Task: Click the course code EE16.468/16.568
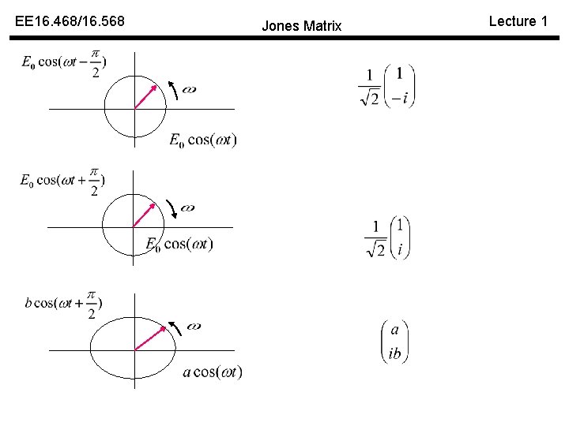point(70,21)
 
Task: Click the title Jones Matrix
point(301,26)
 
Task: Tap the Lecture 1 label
point(518,21)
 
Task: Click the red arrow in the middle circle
point(144,214)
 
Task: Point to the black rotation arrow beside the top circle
point(174,91)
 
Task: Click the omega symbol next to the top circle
point(190,90)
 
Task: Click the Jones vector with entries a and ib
point(394,342)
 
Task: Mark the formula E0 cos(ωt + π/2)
point(62,181)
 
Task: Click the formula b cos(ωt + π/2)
point(63,305)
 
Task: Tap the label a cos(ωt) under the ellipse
point(212,372)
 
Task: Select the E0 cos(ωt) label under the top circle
point(202,140)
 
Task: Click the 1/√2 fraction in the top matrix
point(370,88)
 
